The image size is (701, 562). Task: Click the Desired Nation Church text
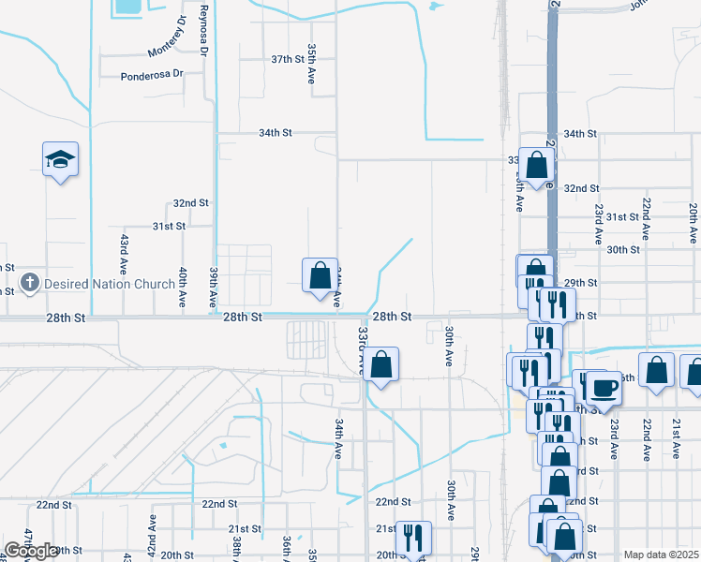109,284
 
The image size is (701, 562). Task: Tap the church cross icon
30,282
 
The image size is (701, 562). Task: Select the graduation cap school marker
60,159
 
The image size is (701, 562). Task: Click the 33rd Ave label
361,350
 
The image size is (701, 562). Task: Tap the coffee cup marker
602,386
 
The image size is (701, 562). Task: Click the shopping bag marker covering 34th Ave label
320,275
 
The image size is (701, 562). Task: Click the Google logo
31,551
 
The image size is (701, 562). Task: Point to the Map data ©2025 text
661,555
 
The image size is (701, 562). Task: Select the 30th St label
622,250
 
